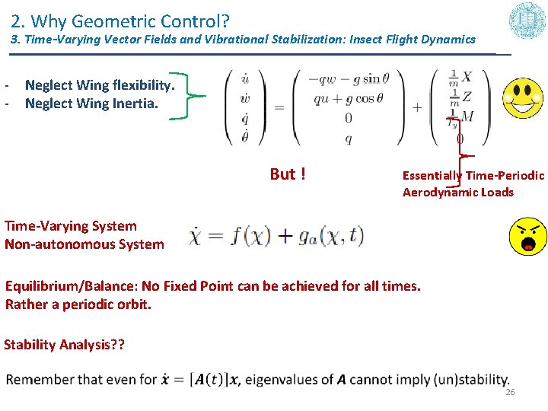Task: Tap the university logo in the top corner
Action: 527,21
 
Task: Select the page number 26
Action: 510,392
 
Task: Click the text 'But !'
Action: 288,174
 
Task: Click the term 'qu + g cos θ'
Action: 344,97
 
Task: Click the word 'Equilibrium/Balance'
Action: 69,286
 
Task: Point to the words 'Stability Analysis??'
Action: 62,345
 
